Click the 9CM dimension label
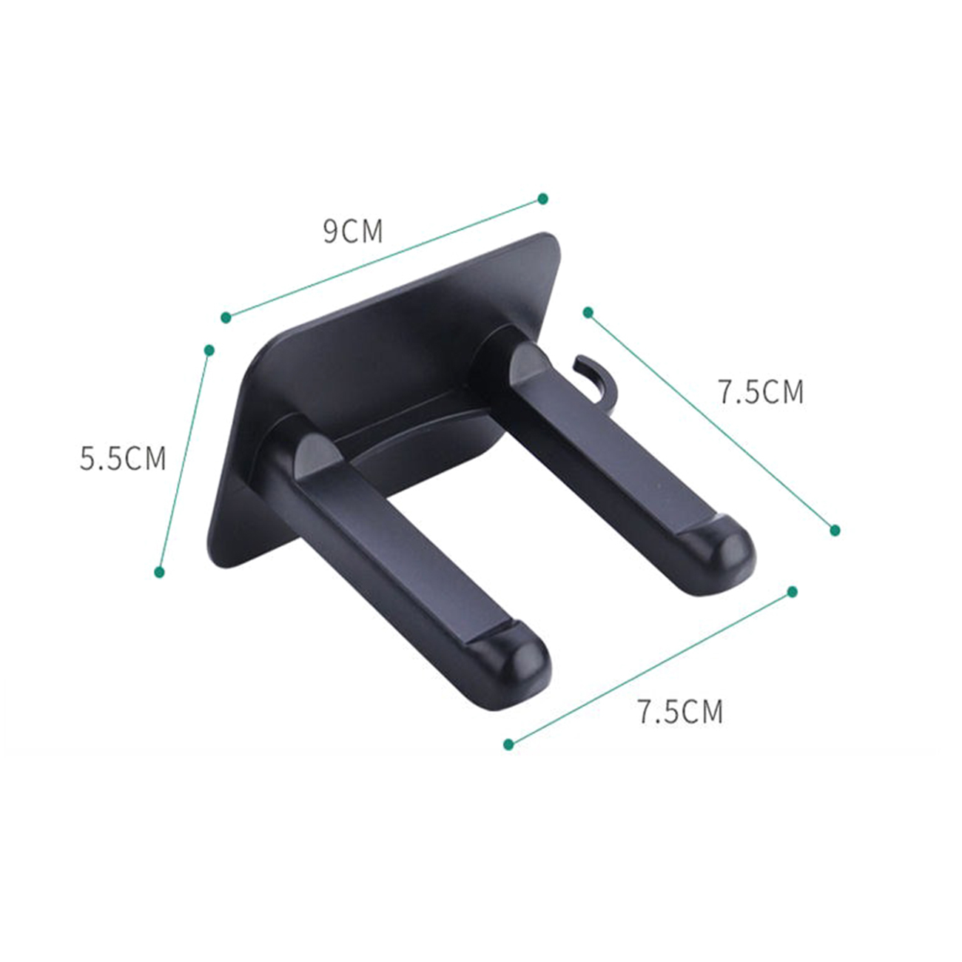pyautogui.click(x=353, y=231)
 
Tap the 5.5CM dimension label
pyautogui.click(x=123, y=458)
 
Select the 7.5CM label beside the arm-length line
pyautogui.click(x=761, y=391)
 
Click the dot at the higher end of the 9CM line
pyautogui.click(x=543, y=199)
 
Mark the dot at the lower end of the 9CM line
pyautogui.click(x=226, y=317)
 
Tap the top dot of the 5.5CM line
pyautogui.click(x=209, y=350)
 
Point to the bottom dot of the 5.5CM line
pyautogui.click(x=159, y=572)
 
